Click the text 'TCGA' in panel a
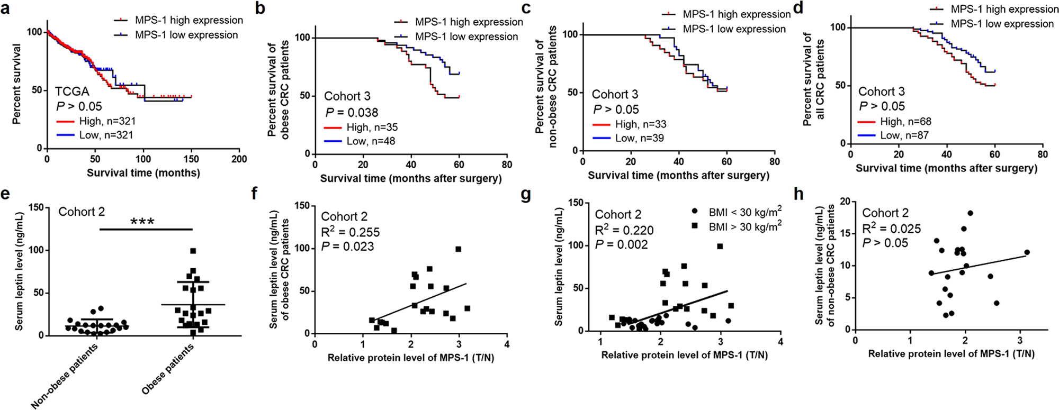click(72, 92)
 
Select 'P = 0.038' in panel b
click(351, 112)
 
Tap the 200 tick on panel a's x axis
click(239, 159)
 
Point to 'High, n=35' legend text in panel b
click(372, 127)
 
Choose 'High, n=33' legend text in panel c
click(641, 124)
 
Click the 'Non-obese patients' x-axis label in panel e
click(65, 376)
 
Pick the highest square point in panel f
click(459, 249)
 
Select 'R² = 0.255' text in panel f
click(350, 232)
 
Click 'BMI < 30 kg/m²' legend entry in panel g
click(744, 212)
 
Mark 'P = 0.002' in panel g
click(621, 244)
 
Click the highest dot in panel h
click(970, 213)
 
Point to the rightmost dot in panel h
click(1027, 252)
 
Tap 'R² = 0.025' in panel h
click(891, 229)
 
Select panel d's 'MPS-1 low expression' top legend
click(994, 24)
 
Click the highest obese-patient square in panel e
click(193, 251)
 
